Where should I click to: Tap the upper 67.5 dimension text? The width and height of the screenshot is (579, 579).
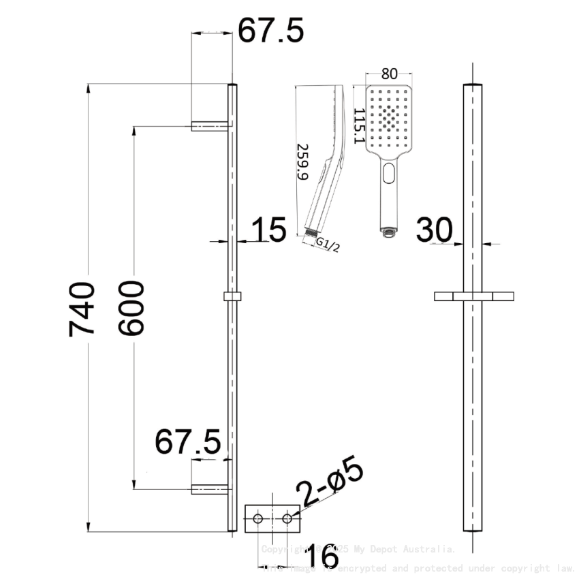pos(270,31)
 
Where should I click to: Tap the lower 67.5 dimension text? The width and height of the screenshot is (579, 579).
pos(188,442)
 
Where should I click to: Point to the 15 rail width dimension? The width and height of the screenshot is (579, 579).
pos(268,230)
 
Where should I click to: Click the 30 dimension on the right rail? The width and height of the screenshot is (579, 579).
pos(435,230)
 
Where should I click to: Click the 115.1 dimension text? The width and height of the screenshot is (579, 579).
pos(359,121)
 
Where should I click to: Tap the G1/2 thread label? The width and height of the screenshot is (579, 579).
pos(328,245)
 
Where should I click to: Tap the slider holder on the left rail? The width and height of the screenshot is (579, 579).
pos(232,297)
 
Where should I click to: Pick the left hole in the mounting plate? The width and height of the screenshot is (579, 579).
pos(257,519)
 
